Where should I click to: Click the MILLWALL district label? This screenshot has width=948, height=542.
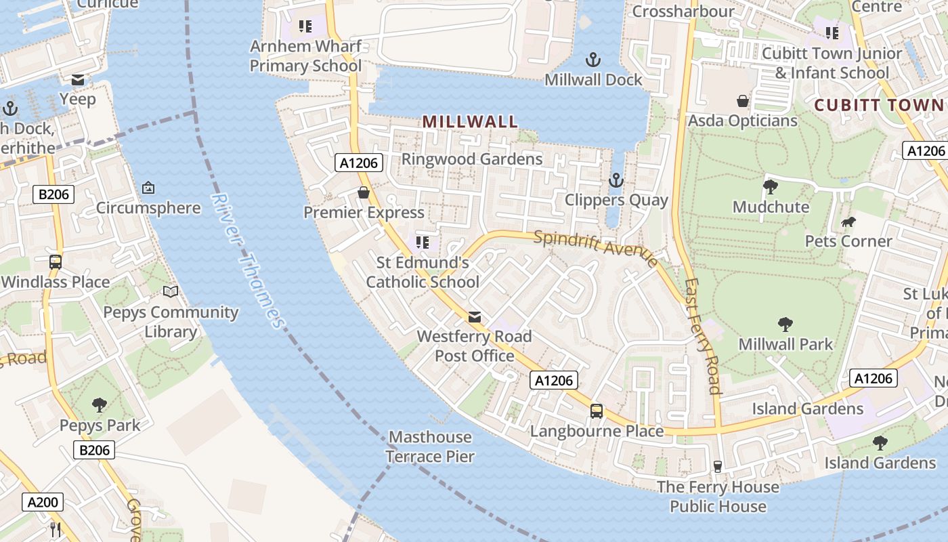(x=470, y=122)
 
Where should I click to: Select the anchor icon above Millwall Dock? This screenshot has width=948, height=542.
(x=593, y=60)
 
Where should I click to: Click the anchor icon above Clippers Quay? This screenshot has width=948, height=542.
(x=616, y=180)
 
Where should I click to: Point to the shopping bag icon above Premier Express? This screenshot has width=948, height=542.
(x=364, y=192)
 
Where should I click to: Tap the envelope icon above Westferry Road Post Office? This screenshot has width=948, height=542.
(x=475, y=316)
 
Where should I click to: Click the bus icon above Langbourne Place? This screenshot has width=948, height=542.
(x=597, y=411)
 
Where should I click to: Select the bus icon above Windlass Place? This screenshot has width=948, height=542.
(x=56, y=262)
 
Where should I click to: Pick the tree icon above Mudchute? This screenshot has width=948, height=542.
(x=770, y=186)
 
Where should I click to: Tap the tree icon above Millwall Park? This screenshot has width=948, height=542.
(x=785, y=324)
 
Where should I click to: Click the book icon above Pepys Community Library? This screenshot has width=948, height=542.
(x=171, y=292)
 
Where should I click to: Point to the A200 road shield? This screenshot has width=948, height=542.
(x=44, y=502)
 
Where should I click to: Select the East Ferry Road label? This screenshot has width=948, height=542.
(x=702, y=336)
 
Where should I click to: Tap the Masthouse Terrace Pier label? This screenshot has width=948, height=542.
(x=430, y=446)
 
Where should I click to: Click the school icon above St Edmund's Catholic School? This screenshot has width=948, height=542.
(x=423, y=242)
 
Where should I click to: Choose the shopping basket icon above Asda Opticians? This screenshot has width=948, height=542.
(x=743, y=101)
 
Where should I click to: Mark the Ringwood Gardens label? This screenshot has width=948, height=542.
(x=472, y=159)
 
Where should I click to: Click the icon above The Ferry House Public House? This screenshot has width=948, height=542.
(x=718, y=466)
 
